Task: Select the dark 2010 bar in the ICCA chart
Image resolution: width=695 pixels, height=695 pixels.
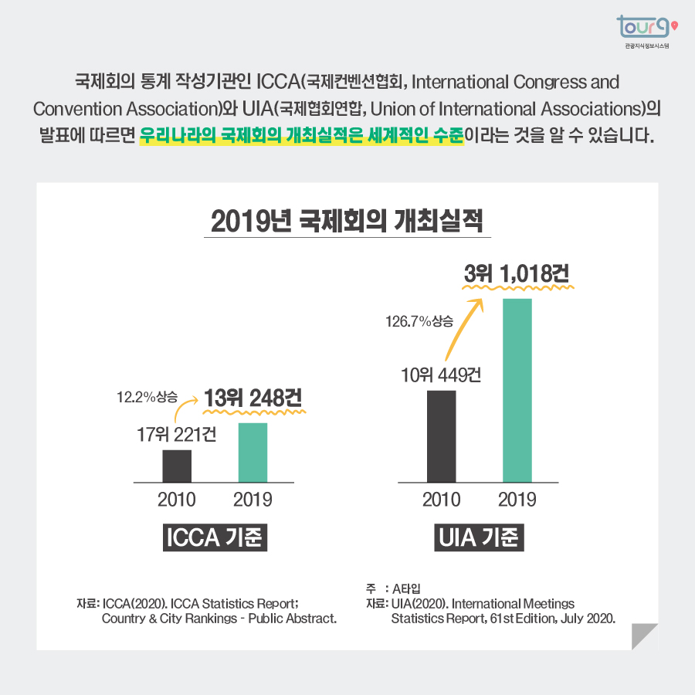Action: click(177, 466)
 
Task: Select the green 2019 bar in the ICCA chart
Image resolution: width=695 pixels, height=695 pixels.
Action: click(253, 453)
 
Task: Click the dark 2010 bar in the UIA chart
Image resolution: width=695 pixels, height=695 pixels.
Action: click(441, 436)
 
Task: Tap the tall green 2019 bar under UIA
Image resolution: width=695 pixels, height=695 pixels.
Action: click(517, 390)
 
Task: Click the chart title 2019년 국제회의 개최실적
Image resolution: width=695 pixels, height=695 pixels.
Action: click(347, 222)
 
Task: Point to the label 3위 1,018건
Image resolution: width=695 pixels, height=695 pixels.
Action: click(517, 273)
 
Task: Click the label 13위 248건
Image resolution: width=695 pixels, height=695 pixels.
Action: click(253, 398)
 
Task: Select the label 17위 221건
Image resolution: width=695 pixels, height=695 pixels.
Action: click(176, 435)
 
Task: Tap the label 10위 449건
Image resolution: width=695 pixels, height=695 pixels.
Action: click(441, 376)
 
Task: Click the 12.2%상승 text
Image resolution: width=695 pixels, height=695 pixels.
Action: click(147, 398)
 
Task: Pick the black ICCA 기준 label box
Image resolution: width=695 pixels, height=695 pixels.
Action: click(215, 537)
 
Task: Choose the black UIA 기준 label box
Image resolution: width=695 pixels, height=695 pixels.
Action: click(479, 537)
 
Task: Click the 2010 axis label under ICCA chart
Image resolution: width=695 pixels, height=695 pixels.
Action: click(177, 500)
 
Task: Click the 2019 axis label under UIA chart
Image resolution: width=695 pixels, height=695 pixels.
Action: click(517, 500)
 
